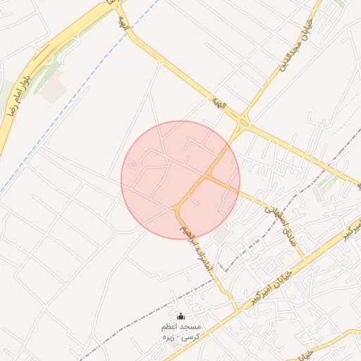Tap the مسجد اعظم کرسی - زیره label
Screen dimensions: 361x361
pos(181,332)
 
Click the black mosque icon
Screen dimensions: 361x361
pos(180,317)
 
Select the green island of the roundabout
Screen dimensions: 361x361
pos(244,123)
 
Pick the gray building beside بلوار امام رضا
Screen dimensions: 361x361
pos(53,88)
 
